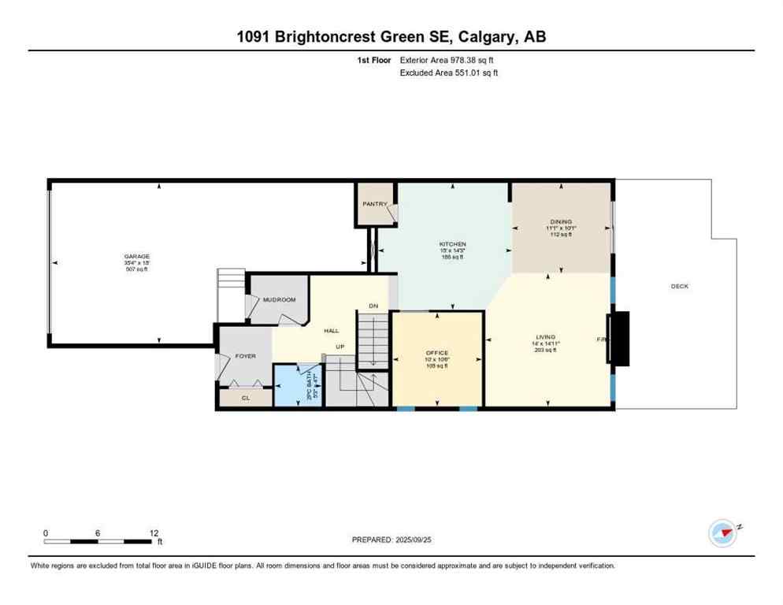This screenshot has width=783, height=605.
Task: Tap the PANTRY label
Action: click(375, 204)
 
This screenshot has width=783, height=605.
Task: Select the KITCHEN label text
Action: click(453, 244)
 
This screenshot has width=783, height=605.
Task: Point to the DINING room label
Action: click(561, 222)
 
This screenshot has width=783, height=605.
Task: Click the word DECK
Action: click(679, 286)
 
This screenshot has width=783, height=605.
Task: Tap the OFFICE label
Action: click(436, 353)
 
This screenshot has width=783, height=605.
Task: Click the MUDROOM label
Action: click(279, 300)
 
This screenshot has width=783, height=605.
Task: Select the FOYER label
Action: click(246, 356)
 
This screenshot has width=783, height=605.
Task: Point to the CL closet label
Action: click(246, 399)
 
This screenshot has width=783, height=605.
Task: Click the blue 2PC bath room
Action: click(298, 384)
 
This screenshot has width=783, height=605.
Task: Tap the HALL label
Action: click(332, 331)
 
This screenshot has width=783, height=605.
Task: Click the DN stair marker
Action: click(374, 306)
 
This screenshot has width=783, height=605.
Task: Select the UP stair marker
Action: click(340, 347)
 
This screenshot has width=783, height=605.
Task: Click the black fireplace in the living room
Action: click(618, 339)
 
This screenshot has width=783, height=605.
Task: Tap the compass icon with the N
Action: click(723, 533)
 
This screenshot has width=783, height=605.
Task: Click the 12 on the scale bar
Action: click(154, 533)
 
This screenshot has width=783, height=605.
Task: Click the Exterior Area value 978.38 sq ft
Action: click(471, 59)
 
